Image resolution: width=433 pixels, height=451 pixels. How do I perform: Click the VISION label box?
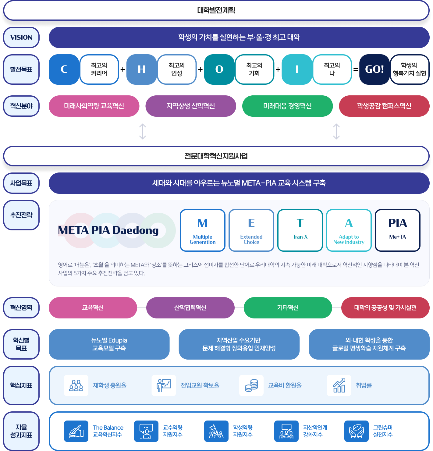click(x=21, y=37)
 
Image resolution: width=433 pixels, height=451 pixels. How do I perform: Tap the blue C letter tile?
click(x=64, y=69)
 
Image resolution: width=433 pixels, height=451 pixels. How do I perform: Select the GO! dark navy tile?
click(x=374, y=69)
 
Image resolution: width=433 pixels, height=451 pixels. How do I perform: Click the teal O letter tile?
click(x=219, y=69)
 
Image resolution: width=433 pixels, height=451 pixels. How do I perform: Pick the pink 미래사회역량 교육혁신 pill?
click(x=94, y=106)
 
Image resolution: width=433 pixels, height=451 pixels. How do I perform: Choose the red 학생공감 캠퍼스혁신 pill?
click(x=384, y=106)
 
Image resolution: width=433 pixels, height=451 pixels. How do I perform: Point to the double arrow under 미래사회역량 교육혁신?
click(x=142, y=131)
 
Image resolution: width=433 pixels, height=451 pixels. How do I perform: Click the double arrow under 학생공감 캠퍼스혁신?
click(x=336, y=131)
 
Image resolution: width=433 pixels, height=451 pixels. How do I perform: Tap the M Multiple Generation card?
click(x=203, y=230)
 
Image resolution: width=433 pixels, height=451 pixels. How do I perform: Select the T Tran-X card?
click(x=300, y=230)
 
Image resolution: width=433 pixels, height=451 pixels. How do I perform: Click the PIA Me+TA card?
click(x=398, y=230)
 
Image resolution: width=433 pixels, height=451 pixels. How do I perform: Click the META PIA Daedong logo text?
click(x=108, y=230)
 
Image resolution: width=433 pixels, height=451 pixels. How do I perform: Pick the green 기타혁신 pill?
click(x=288, y=307)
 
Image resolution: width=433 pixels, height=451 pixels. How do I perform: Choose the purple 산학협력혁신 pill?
click(x=190, y=307)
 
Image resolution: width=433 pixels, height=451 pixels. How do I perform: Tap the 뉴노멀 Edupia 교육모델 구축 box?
click(x=109, y=344)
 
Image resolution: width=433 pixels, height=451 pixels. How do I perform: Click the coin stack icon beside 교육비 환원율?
click(x=251, y=385)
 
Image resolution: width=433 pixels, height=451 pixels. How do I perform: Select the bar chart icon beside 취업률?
click(x=339, y=385)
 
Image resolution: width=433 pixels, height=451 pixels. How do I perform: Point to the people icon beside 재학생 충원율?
click(x=76, y=385)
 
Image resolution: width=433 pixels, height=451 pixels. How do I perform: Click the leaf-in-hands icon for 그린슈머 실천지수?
click(x=356, y=431)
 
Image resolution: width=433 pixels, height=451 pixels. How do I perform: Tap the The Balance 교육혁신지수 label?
click(x=108, y=431)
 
